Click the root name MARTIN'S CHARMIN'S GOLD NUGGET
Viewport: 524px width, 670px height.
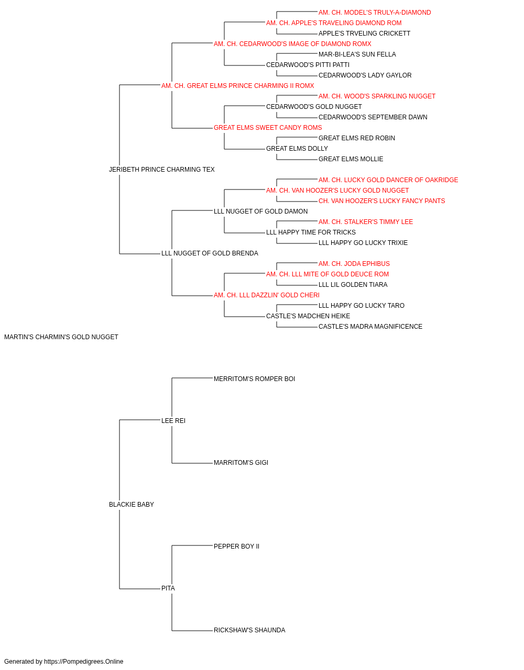tap(61, 337)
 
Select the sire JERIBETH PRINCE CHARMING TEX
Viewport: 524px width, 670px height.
tap(162, 170)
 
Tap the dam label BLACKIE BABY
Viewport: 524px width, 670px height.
tap(132, 505)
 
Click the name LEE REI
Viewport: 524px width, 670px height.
tap(173, 421)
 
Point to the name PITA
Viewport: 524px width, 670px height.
tap(168, 588)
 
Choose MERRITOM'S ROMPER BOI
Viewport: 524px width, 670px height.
tap(254, 379)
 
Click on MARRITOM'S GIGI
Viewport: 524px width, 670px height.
tap(241, 463)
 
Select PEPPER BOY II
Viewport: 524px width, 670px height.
tap(236, 546)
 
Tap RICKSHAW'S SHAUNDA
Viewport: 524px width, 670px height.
tap(249, 630)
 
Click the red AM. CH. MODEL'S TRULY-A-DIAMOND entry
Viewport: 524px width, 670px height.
tap(375, 13)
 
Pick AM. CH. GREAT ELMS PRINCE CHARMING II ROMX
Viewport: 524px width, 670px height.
tap(237, 86)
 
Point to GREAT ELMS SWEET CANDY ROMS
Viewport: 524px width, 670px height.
tap(268, 128)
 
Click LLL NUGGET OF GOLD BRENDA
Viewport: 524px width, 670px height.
tap(210, 253)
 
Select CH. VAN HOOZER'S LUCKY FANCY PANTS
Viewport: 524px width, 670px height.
tap(382, 201)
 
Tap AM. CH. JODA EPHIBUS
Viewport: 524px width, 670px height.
tap(354, 264)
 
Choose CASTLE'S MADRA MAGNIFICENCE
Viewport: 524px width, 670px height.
tap(370, 327)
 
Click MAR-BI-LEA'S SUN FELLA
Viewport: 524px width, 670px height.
tap(357, 54)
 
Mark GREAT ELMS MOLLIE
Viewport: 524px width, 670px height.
tap(351, 159)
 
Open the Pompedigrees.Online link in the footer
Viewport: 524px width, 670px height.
tap(84, 662)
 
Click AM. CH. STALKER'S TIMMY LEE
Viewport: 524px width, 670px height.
tap(366, 222)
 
